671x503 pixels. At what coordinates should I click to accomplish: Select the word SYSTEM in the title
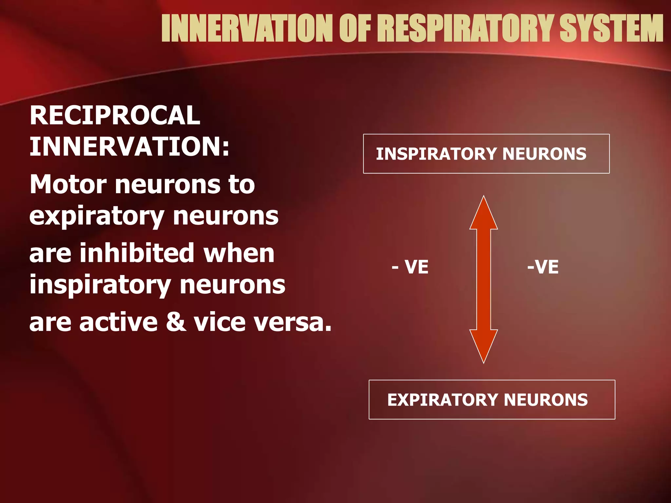(611, 29)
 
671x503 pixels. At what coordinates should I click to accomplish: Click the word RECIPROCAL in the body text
(115, 115)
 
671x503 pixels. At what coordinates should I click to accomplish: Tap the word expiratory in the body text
(96, 217)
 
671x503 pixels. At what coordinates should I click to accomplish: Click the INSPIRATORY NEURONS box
(486, 154)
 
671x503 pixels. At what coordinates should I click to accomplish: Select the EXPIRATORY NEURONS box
(491, 400)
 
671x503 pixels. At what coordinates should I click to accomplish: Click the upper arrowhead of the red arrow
(484, 214)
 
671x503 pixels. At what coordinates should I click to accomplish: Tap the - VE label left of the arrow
(410, 267)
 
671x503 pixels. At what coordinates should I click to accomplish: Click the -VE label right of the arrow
(543, 267)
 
